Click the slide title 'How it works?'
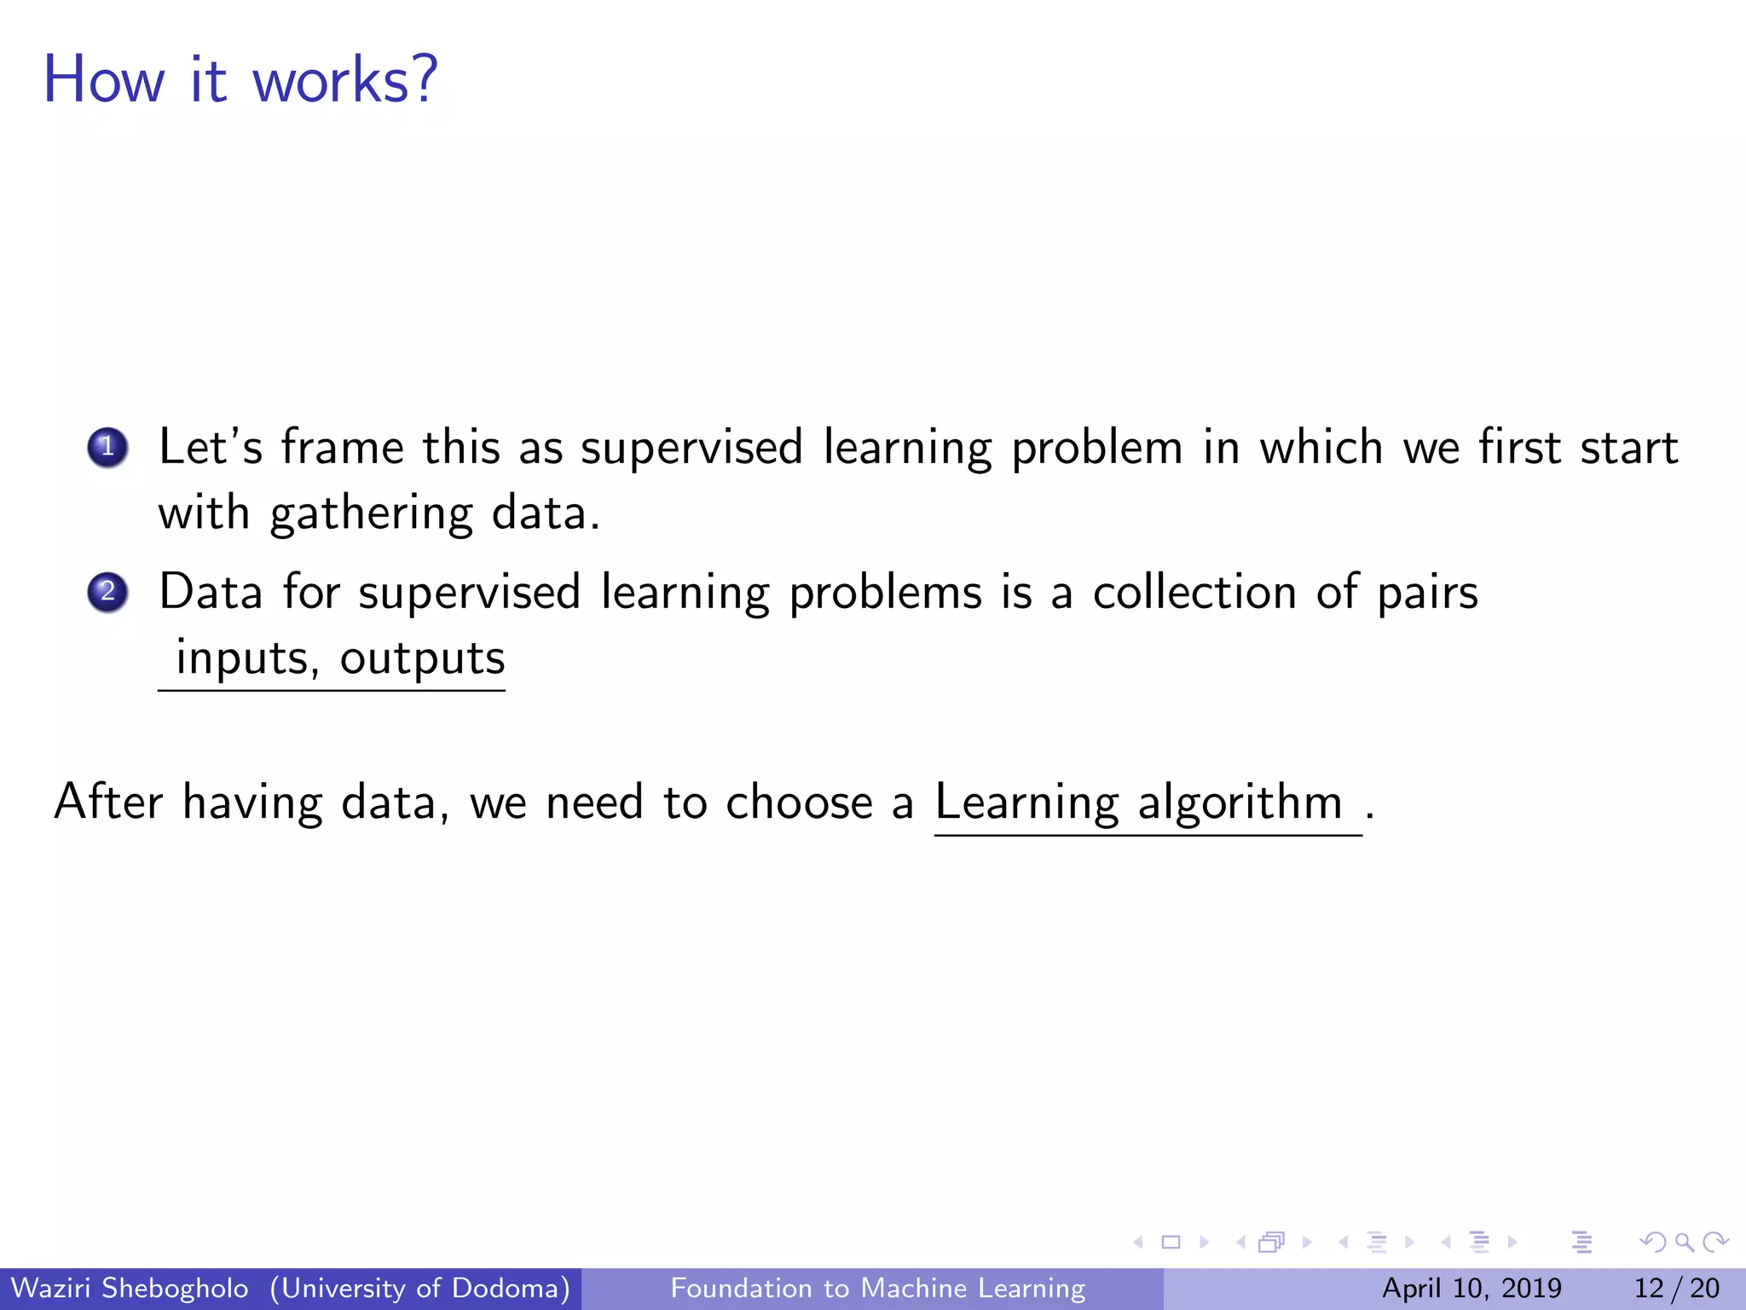(240, 79)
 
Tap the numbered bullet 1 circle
(107, 447)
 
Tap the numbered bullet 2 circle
(107, 592)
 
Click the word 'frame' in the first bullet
(343, 447)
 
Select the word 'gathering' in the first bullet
(371, 514)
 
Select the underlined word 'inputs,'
(247, 658)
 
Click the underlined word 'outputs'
(423, 658)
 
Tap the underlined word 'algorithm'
(1240, 803)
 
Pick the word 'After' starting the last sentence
(108, 802)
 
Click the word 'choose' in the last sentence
(799, 802)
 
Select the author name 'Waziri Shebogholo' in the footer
(130, 1288)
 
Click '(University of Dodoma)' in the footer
(420, 1288)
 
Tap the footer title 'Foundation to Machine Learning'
(878, 1288)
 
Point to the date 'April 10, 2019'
(1471, 1288)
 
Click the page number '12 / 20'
(1676, 1288)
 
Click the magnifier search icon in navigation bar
(1684, 1242)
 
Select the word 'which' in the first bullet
(1321, 447)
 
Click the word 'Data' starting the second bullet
(211, 592)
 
